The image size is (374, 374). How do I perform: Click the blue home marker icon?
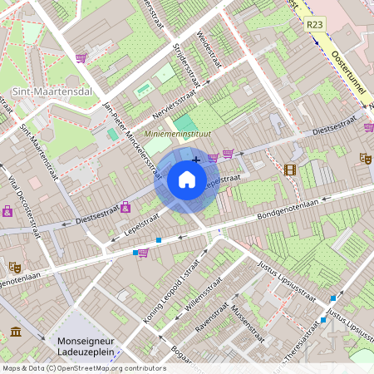click(x=187, y=180)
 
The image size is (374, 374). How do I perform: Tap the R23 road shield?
click(x=314, y=25)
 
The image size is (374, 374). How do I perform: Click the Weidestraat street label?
click(x=209, y=51)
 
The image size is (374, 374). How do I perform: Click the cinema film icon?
click(x=289, y=170)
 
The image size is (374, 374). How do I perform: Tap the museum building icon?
click(x=16, y=332)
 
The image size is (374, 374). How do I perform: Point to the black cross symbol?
click(x=196, y=160)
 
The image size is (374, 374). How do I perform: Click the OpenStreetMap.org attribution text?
click(x=106, y=368)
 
